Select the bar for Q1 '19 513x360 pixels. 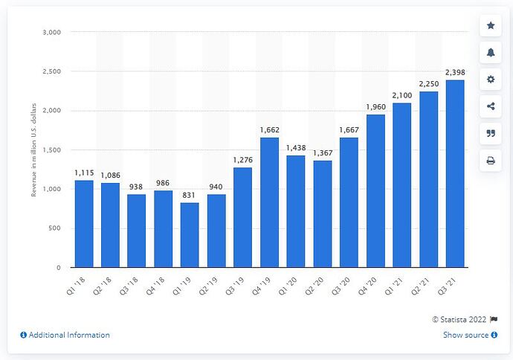[190, 234]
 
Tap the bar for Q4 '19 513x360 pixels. [269, 202]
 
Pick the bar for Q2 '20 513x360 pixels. [322, 213]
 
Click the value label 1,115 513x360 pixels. [83, 173]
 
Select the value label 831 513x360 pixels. [190, 195]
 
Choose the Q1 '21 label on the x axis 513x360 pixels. [402, 280]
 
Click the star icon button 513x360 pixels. [491, 25]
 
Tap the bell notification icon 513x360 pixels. [491, 52]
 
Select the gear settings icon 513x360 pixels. [491, 80]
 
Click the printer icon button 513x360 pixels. [491, 160]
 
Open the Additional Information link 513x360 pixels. [65, 335]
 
